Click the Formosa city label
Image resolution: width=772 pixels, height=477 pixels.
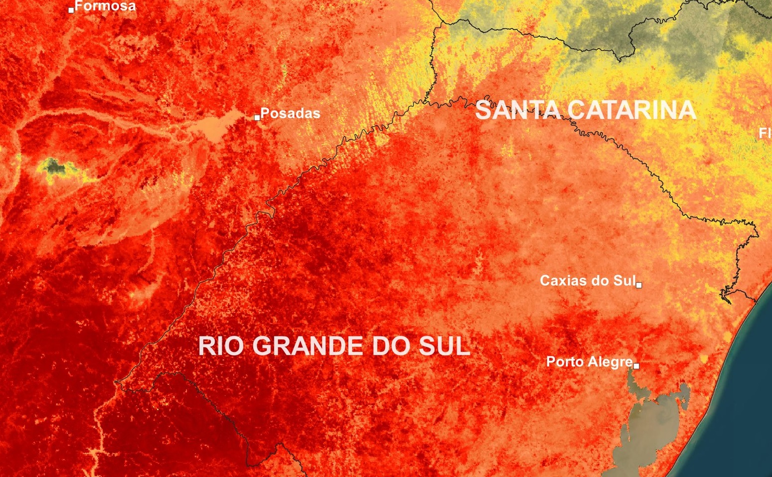click(x=105, y=6)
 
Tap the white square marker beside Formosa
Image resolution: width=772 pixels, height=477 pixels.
click(x=71, y=9)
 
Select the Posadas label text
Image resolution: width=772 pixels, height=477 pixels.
click(x=290, y=113)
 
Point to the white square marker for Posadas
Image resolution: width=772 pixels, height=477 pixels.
click(x=257, y=118)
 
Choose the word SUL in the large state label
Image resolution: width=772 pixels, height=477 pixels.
click(x=444, y=346)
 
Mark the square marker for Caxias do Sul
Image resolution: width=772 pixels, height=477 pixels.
click(x=639, y=285)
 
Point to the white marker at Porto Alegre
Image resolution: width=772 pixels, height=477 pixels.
click(x=636, y=366)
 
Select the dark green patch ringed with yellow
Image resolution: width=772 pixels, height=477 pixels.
click(x=54, y=166)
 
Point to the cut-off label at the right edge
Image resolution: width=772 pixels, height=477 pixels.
click(x=765, y=133)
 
